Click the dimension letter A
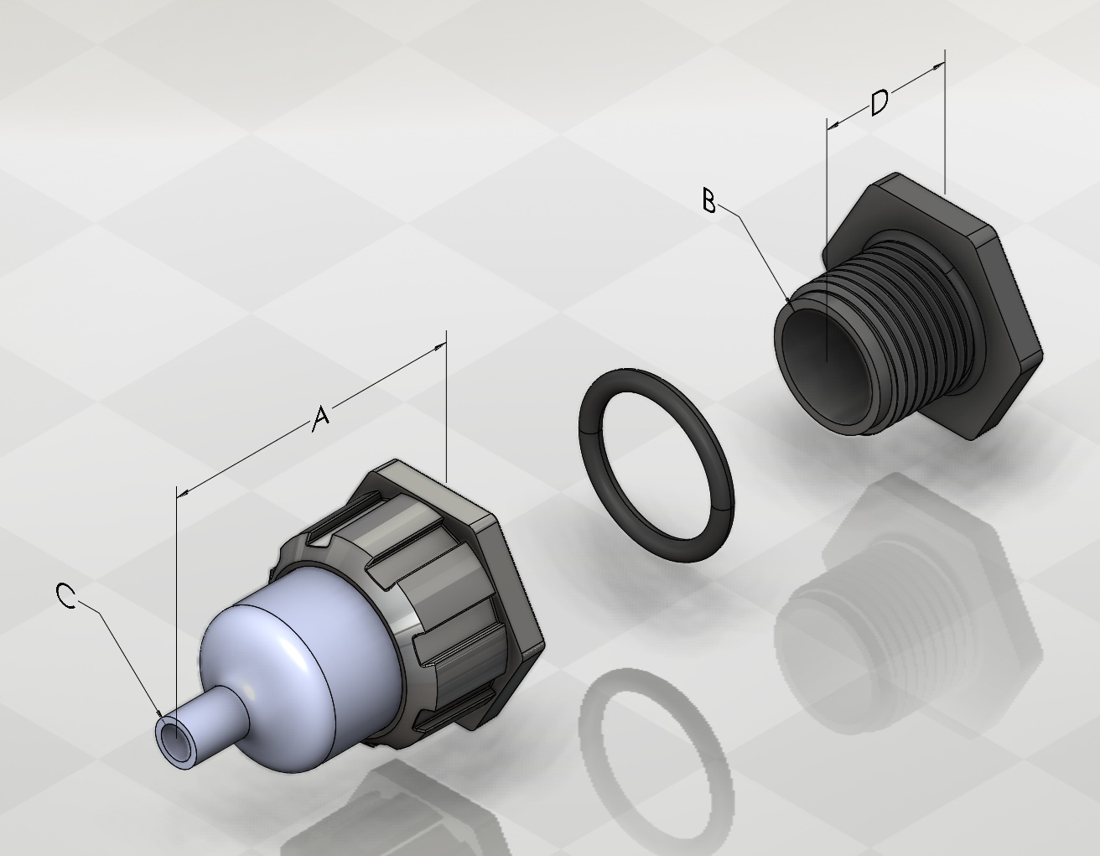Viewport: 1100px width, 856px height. (321, 418)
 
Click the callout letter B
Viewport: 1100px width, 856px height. (709, 200)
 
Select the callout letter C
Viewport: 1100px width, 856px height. (65, 595)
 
